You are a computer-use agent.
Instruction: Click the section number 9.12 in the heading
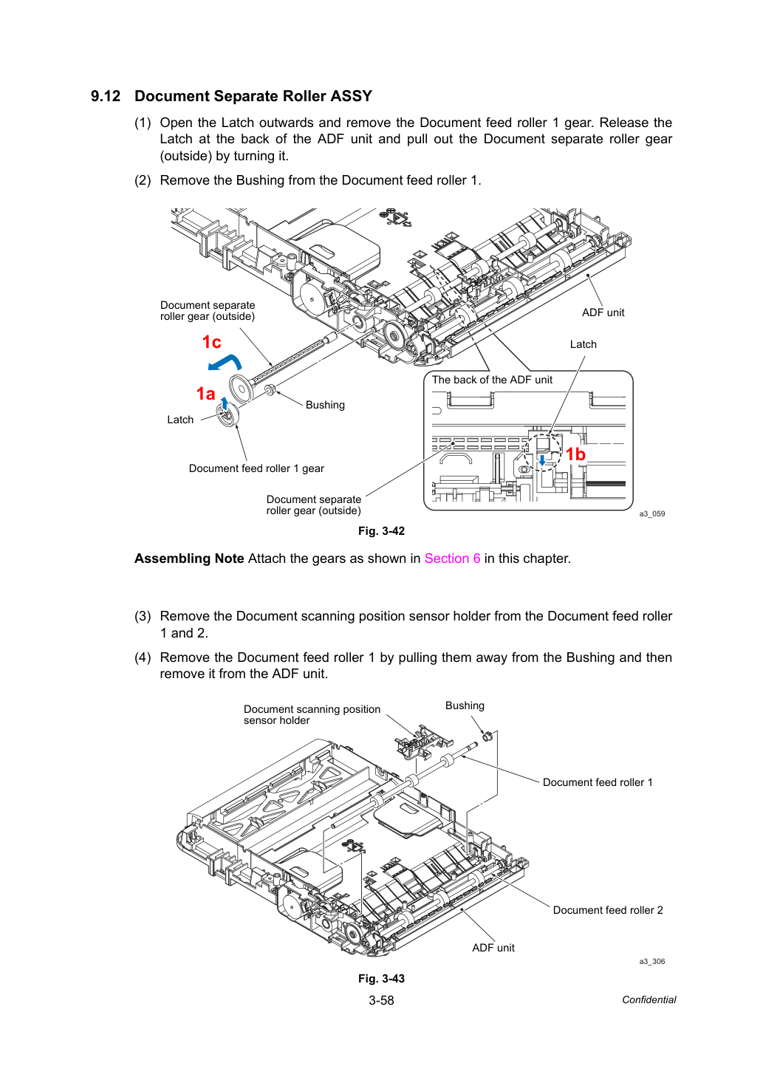[106, 96]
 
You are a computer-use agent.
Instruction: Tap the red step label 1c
[211, 342]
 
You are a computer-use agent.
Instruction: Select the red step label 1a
[205, 394]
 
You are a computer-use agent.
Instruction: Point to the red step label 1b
[575, 454]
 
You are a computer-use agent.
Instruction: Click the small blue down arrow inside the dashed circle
[542, 460]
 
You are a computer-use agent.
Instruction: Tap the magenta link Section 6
[452, 558]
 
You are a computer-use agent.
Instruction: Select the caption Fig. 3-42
[381, 531]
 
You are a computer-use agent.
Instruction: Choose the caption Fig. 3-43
[381, 978]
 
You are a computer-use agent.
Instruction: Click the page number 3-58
[381, 1000]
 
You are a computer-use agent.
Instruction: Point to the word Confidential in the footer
[649, 1000]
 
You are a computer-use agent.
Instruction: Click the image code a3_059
[652, 514]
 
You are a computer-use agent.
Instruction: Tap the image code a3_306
[652, 961]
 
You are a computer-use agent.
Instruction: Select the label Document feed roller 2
[608, 910]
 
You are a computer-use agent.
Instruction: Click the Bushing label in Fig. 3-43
[465, 705]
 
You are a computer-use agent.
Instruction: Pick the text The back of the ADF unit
[492, 380]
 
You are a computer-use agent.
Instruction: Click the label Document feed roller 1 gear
[256, 468]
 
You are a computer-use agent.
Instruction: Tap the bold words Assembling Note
[189, 558]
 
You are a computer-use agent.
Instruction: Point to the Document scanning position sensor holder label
[312, 714]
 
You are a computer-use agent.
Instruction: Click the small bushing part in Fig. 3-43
[487, 736]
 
